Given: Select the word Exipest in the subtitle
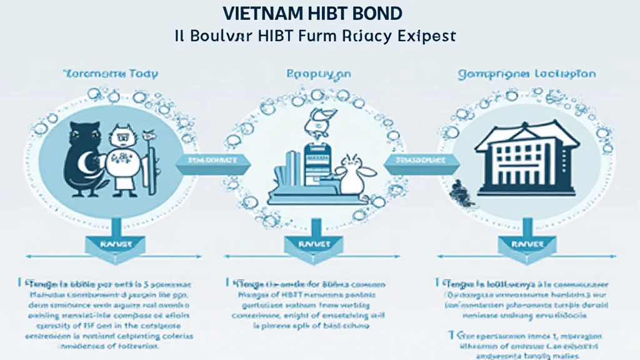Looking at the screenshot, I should tap(427, 36).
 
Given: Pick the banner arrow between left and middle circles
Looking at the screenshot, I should tap(212, 164).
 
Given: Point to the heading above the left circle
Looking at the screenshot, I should tap(111, 74).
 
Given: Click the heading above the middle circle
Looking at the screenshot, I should tap(319, 74).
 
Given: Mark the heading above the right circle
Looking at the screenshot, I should tap(526, 74).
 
